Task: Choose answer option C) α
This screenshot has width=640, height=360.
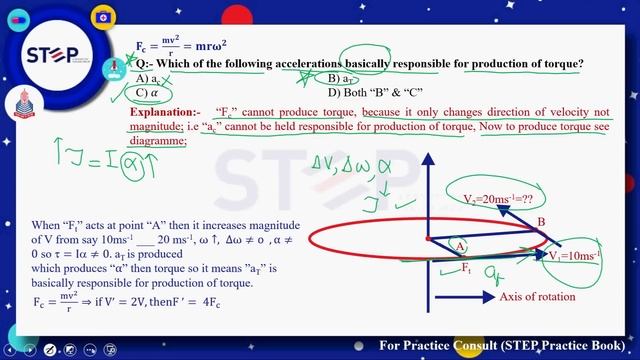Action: pyautogui.click(x=150, y=93)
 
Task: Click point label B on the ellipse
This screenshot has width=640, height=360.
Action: pyautogui.click(x=541, y=221)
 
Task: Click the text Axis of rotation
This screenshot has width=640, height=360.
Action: pyautogui.click(x=538, y=297)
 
